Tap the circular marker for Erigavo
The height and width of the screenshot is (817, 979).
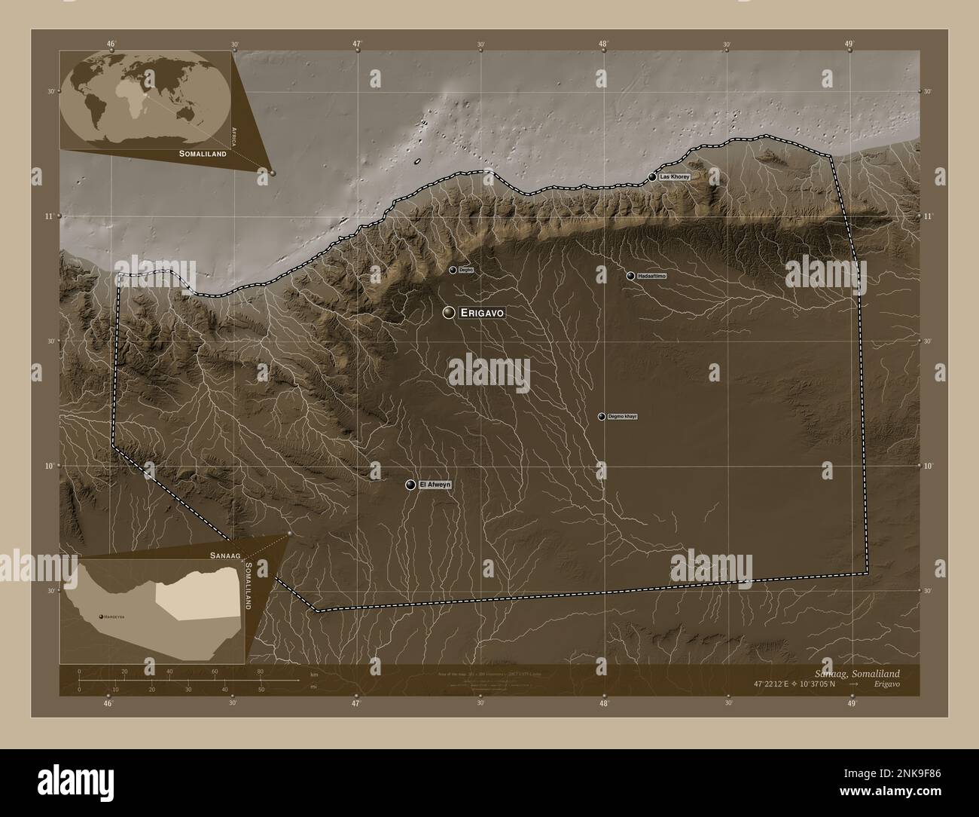click(x=449, y=313)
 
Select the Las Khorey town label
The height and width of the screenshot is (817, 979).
click(x=674, y=176)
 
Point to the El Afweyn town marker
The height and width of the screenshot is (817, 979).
click(x=410, y=485)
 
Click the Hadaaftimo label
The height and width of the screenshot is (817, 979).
click(x=652, y=277)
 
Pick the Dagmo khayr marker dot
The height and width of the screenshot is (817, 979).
click(x=601, y=416)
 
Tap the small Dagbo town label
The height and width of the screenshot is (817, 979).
click(x=466, y=270)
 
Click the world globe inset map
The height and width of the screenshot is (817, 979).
click(x=145, y=98)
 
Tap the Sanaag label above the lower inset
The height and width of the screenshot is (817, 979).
click(x=225, y=554)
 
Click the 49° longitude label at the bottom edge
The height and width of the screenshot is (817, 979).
click(x=849, y=704)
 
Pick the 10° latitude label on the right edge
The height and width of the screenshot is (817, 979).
click(x=928, y=466)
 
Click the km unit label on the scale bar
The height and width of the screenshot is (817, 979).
click(x=304, y=675)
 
